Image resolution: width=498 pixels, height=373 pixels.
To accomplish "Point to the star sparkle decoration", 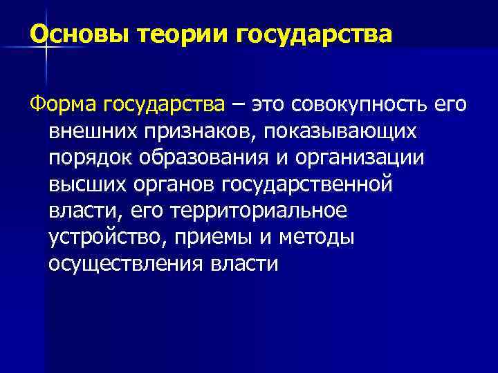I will pos(45,46).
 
